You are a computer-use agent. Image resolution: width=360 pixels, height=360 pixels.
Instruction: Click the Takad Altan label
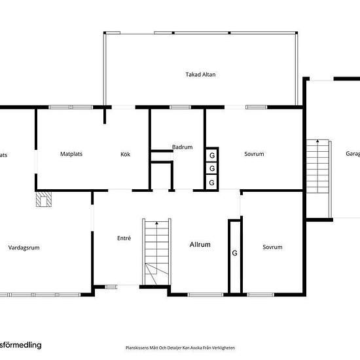(200, 75)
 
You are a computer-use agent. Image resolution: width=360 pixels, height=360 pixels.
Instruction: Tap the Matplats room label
(71, 154)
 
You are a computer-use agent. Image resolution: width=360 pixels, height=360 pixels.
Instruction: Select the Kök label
(126, 154)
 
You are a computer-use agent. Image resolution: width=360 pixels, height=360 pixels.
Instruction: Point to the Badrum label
(182, 147)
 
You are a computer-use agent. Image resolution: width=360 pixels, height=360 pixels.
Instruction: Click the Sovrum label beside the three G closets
(254, 154)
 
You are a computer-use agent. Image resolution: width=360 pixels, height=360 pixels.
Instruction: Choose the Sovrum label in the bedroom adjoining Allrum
(272, 247)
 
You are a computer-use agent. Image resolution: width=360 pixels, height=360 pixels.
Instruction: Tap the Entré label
(123, 238)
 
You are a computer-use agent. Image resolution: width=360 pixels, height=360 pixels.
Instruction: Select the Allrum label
(200, 245)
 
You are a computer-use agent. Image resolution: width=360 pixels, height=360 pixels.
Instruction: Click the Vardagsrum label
(24, 248)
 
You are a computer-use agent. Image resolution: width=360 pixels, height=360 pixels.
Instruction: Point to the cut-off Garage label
(352, 154)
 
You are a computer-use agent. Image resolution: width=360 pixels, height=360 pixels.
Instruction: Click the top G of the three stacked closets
(212, 156)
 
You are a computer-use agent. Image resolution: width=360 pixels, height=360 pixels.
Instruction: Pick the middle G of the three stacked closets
(212, 169)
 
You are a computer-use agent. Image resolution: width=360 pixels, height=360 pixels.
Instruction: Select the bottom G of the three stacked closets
(212, 182)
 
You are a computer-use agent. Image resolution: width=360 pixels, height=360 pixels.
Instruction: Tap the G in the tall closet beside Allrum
(234, 252)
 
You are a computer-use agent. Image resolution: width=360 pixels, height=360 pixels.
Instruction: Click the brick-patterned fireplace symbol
(44, 198)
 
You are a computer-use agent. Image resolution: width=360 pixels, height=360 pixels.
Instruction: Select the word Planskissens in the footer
(138, 348)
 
